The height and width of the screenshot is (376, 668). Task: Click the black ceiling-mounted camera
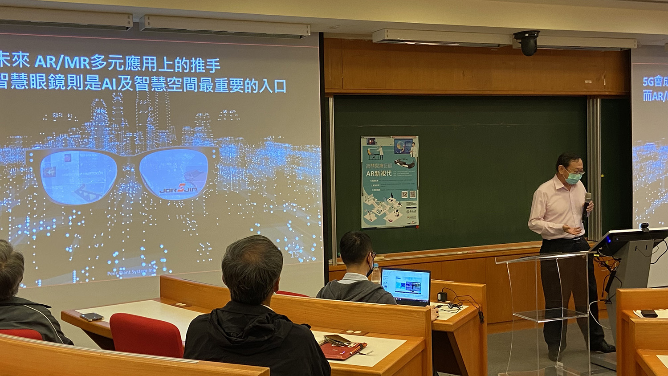(528, 42)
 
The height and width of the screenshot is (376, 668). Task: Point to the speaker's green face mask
(573, 178)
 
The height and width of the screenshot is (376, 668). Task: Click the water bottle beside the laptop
(376, 273)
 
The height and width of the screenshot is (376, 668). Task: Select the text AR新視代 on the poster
(379, 173)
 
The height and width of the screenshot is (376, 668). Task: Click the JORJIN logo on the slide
(182, 189)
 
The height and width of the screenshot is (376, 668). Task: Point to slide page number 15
(294, 255)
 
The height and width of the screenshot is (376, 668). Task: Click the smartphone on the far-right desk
(648, 313)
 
